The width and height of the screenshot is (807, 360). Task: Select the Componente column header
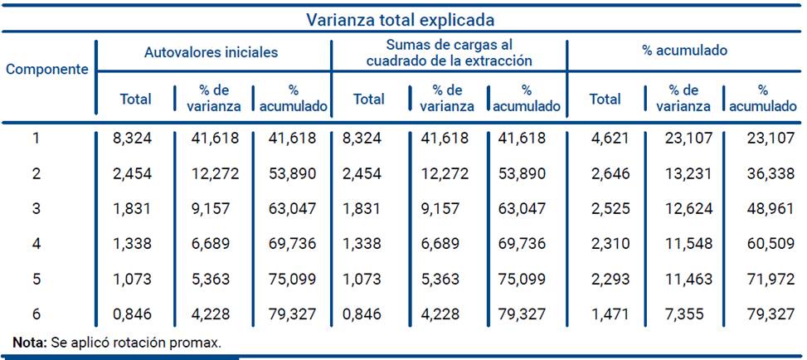coord(47,69)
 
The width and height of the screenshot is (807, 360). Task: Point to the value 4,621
coord(605,138)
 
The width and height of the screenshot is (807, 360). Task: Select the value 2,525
coord(605,209)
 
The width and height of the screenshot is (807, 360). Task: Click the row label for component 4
coord(36,245)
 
